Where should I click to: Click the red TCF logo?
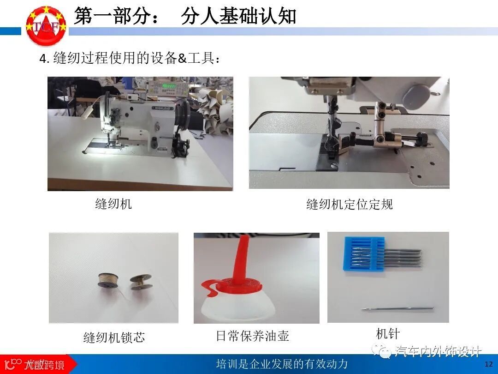pos(47,25)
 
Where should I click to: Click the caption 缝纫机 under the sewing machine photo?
pos(113,204)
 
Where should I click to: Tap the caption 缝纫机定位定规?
pos(350,204)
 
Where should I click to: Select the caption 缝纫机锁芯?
pos(114,338)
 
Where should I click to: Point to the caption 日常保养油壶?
pos(253,336)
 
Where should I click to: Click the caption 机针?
pos(387,334)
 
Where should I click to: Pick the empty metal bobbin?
pos(141,282)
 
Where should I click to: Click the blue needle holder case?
pos(364,254)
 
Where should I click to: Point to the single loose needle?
pos(397,308)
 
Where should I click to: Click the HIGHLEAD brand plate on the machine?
pos(163,108)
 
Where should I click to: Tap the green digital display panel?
pos(169,86)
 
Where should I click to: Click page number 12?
pos(488,364)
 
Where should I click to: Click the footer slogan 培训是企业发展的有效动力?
pos(282,363)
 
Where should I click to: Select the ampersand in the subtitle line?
pos(182,59)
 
